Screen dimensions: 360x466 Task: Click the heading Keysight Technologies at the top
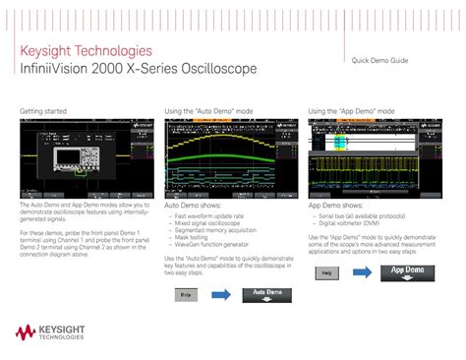[86, 50]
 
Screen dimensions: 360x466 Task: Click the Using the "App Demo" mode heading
[352, 111]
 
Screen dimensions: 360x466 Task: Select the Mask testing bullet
[193, 236]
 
